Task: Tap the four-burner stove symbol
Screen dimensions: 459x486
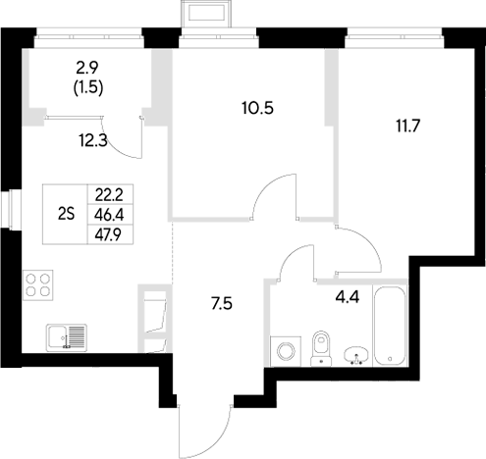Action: pyautogui.click(x=38, y=284)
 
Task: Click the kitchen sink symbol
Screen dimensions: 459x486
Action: pyautogui.click(x=65, y=336)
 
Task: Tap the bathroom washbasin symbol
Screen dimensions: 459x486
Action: pyautogui.click(x=357, y=351)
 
